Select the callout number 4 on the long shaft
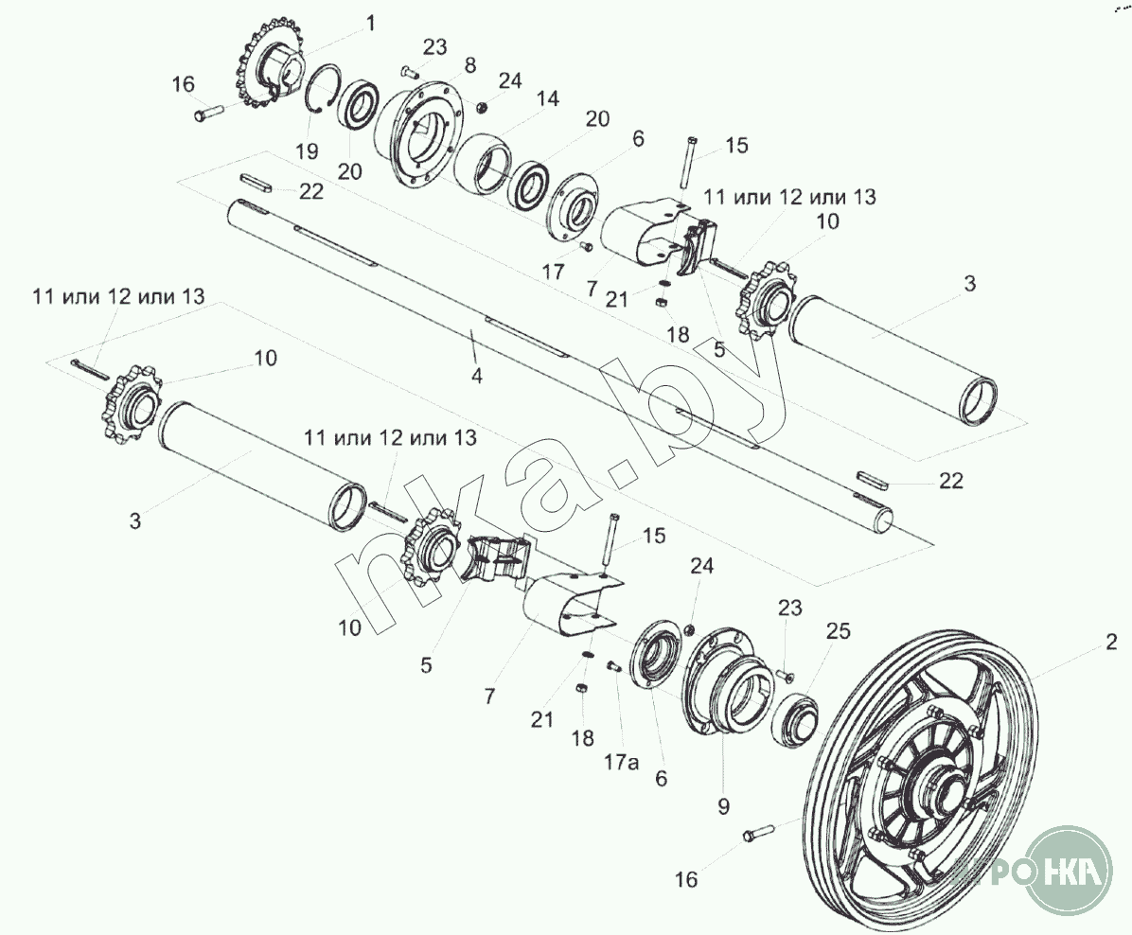tap(476, 375)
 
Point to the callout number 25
tap(839, 631)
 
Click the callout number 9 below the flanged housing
tap(723, 806)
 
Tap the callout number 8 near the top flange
tap(469, 65)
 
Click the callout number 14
tap(547, 99)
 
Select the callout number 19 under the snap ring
tap(306, 150)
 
